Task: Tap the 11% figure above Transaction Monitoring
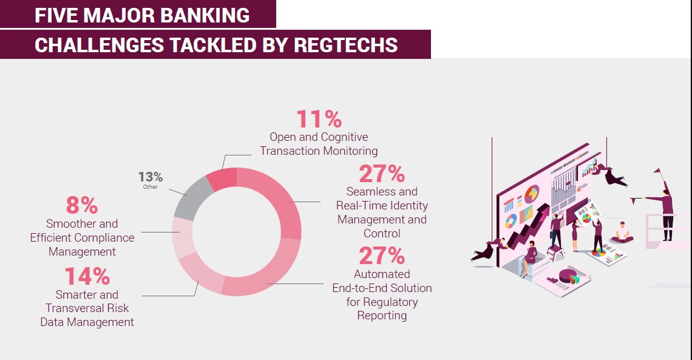click(319, 119)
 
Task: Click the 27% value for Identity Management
click(382, 174)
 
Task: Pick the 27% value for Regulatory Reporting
click(382, 256)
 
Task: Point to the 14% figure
click(87, 277)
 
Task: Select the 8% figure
click(82, 205)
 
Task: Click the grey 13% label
click(150, 177)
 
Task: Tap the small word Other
click(150, 187)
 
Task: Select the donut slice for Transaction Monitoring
click(222, 178)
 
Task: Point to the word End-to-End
click(382, 288)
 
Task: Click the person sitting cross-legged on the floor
click(622, 233)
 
